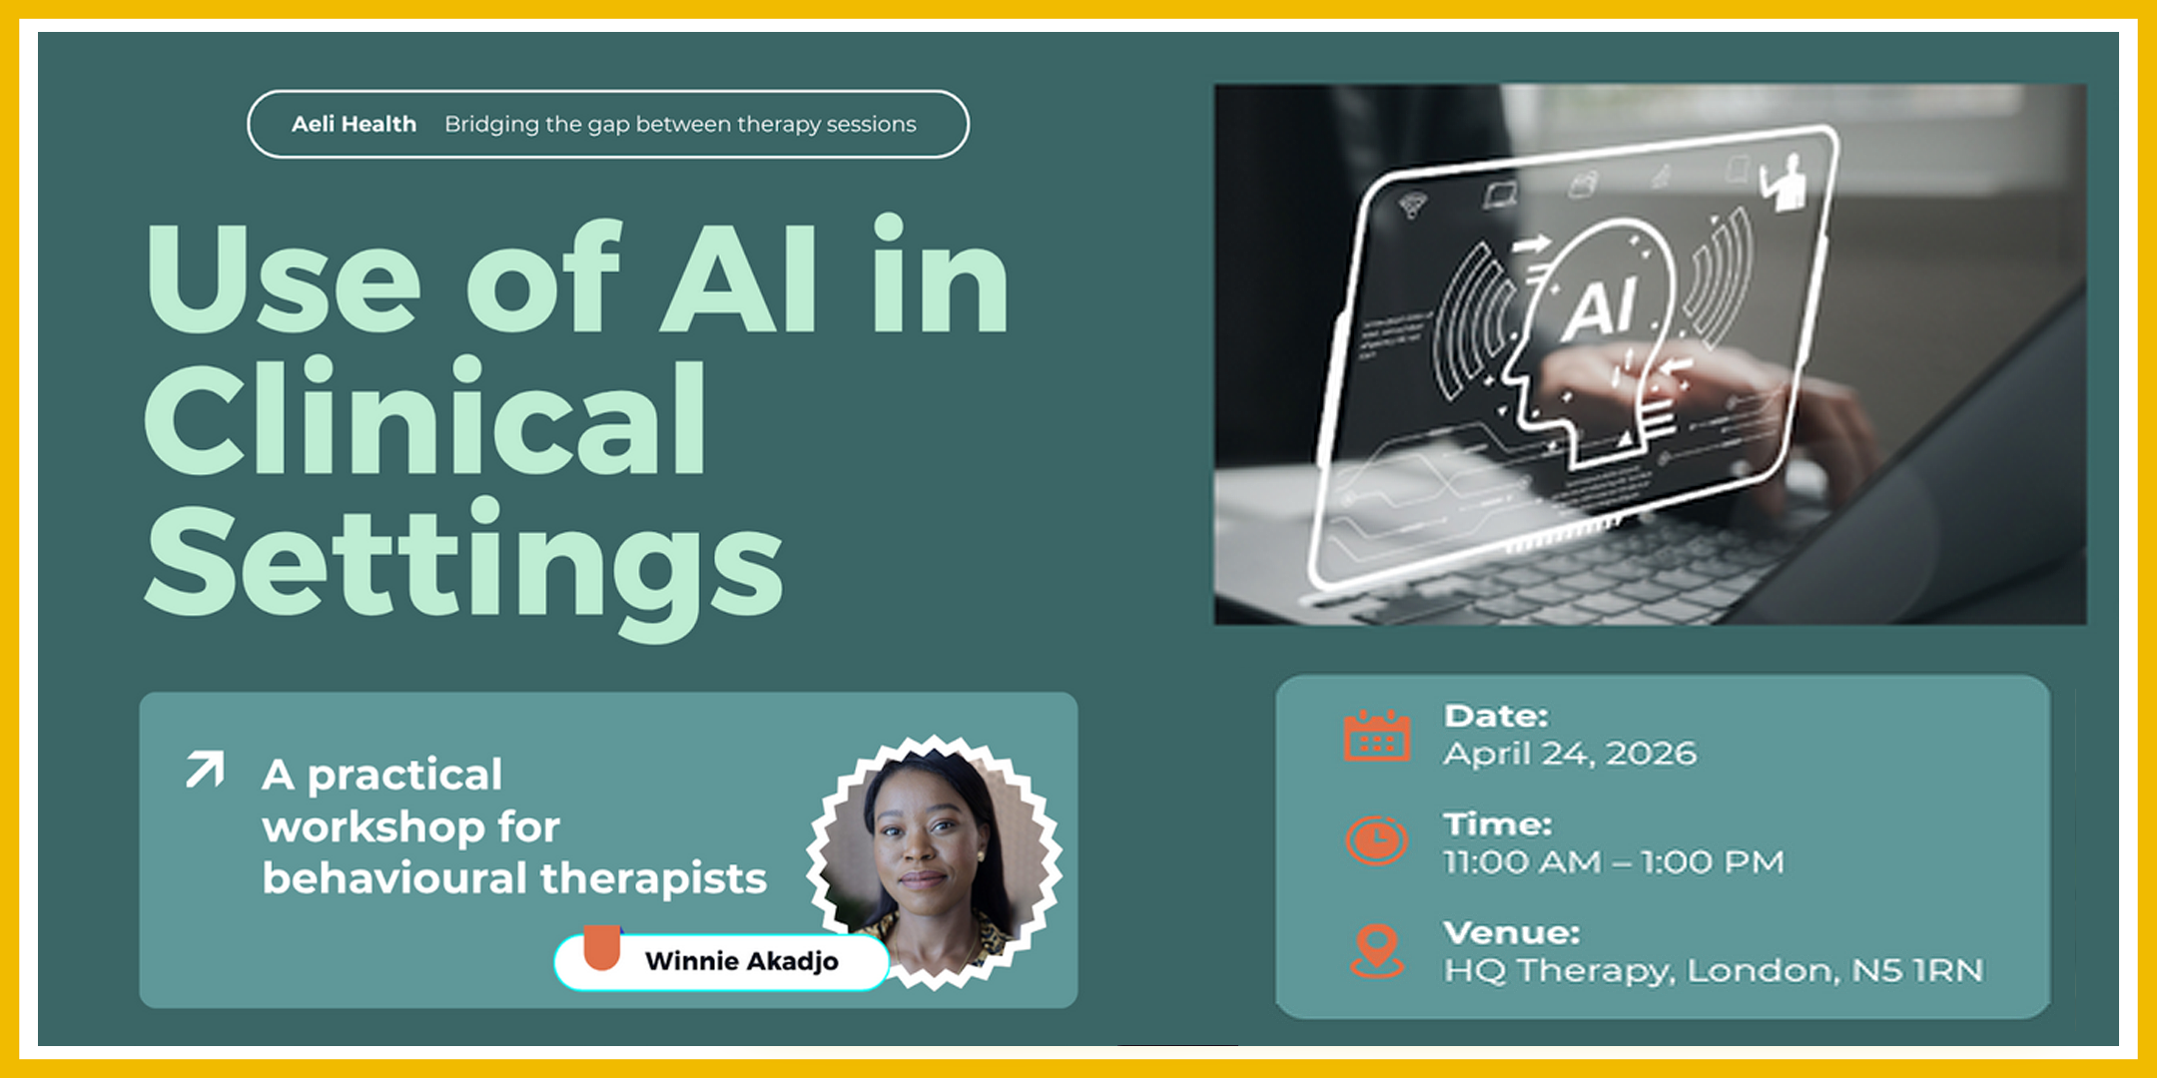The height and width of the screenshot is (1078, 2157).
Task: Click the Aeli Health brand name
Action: (354, 125)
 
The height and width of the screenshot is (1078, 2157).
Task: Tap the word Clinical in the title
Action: (425, 419)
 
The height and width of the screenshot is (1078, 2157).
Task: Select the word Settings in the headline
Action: (463, 564)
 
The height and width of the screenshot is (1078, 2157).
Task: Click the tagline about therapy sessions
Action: (680, 125)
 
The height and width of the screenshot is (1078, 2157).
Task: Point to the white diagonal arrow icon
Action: (205, 770)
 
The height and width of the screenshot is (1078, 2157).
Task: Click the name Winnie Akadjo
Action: (741, 961)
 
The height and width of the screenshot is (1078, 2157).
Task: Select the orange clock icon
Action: (1376, 840)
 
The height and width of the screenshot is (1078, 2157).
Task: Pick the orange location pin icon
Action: (1376, 949)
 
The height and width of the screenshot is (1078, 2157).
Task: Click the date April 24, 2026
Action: (1569, 754)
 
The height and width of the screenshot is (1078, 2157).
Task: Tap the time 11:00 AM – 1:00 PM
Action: (1613, 862)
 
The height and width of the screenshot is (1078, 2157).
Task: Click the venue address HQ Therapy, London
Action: (1713, 970)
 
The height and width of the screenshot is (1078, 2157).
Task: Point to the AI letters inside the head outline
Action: (1600, 306)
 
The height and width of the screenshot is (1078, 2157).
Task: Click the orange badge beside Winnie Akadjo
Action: (602, 947)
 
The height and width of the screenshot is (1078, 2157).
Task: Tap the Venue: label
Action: (1511, 933)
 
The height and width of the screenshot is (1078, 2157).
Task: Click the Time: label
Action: (1497, 824)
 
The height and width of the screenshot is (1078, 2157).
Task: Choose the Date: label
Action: (1495, 716)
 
